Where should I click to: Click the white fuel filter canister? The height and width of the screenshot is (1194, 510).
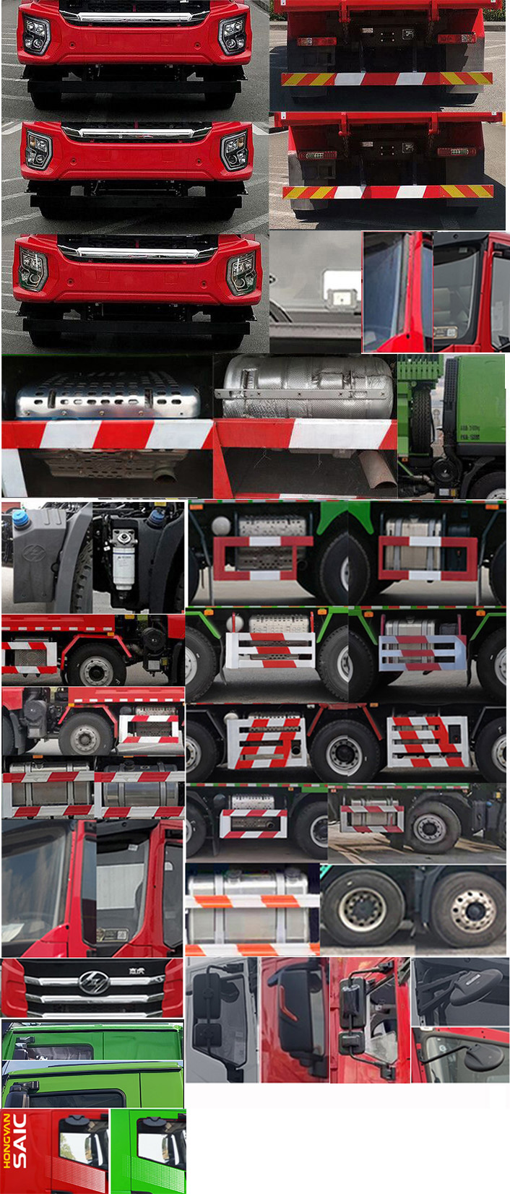click(x=124, y=555)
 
